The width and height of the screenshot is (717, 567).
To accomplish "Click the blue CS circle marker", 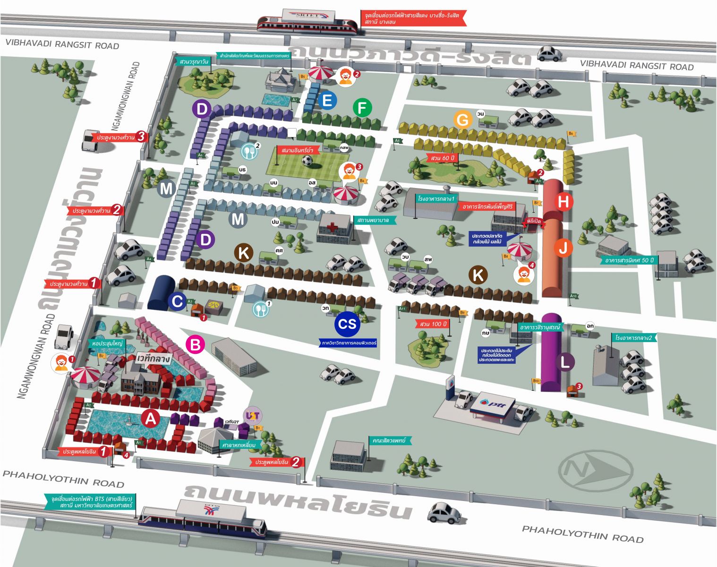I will (347, 324).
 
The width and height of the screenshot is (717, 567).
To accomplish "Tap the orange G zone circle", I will (463, 120).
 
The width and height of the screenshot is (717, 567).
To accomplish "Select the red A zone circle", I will (150, 419).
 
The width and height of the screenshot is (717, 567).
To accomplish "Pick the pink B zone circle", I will (195, 344).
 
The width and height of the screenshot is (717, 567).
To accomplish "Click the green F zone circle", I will (362, 108).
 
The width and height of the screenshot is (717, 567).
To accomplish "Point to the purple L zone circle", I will (565, 362).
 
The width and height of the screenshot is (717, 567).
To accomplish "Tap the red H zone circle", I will (563, 202).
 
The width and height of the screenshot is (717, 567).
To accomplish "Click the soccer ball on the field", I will (307, 161).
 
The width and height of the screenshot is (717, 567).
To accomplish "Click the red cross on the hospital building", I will (333, 228).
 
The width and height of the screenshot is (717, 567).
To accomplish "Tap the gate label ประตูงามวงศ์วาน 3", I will (121, 137).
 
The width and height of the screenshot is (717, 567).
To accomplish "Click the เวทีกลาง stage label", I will (154, 359).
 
